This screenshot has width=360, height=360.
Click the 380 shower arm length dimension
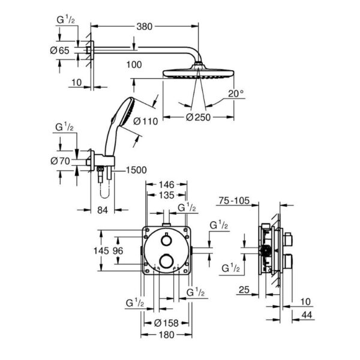(x=145, y=26)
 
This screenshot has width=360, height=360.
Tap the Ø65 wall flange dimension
(x=59, y=50)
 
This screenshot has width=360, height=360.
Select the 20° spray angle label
(x=236, y=94)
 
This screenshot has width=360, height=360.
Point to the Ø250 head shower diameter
(x=198, y=118)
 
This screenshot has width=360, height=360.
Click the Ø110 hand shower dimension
(x=146, y=121)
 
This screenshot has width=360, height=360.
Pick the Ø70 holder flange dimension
(x=60, y=161)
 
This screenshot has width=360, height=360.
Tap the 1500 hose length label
(x=136, y=170)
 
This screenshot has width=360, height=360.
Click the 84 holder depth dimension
(x=103, y=210)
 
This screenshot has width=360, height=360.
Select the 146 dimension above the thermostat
(x=167, y=185)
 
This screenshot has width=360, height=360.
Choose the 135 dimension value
(x=167, y=196)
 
